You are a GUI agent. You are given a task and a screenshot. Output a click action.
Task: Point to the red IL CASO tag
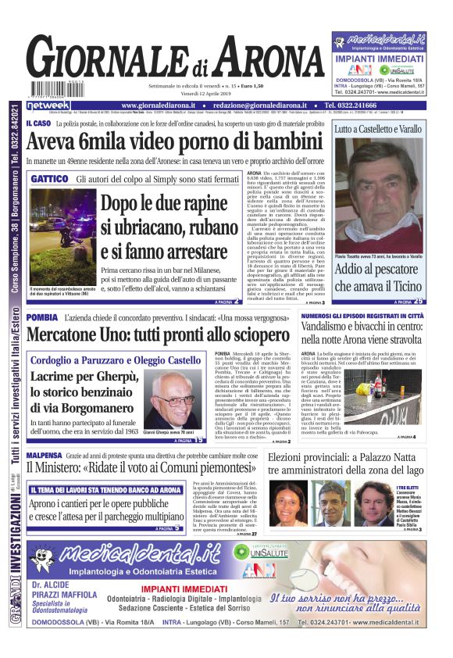click(x=37, y=123)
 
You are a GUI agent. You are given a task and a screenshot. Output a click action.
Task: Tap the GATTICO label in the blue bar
click(x=48, y=179)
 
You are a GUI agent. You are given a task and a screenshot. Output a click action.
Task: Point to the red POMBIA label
click(x=41, y=318)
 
